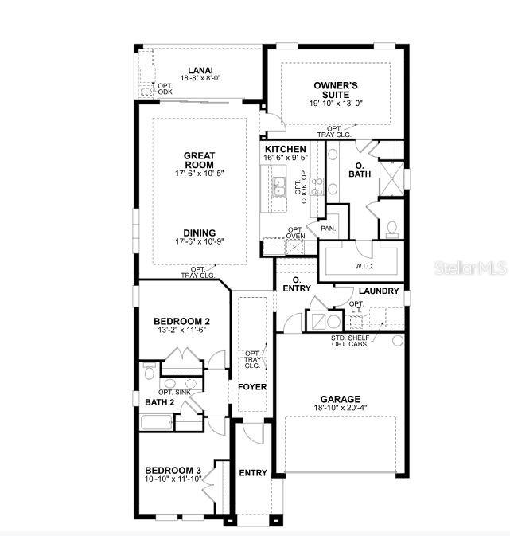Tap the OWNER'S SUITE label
tap(336, 89)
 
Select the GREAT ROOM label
tap(200, 160)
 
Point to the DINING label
tap(199, 233)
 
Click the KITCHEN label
tap(286, 149)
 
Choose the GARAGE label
tap(340, 399)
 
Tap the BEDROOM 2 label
tap(181, 321)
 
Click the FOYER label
tap(252, 387)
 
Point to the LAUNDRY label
tap(379, 291)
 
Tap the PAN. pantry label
tap(328, 229)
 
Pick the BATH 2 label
tap(161, 402)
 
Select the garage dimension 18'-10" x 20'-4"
tap(340, 409)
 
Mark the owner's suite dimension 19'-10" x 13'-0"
tap(336, 103)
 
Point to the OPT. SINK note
tap(175, 392)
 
